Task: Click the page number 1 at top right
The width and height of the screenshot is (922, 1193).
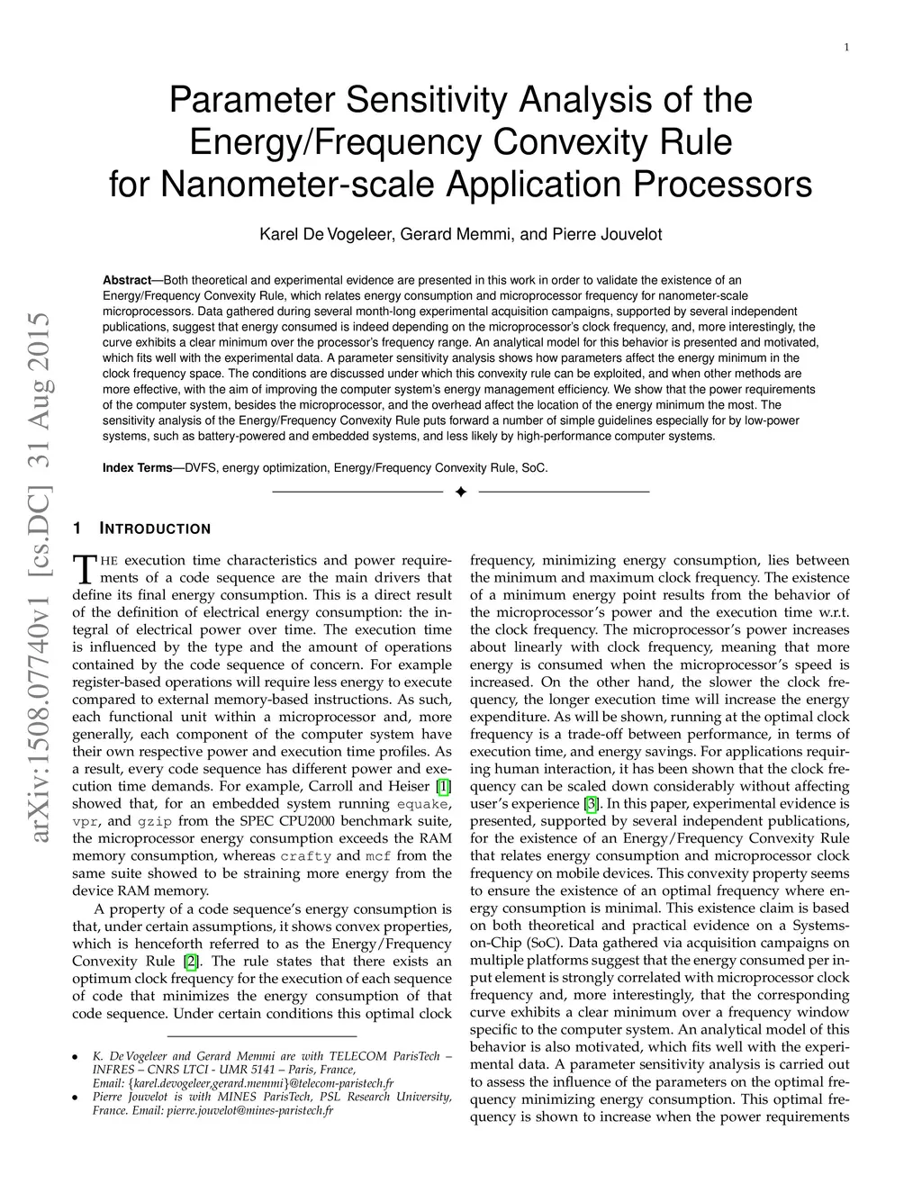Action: [847, 48]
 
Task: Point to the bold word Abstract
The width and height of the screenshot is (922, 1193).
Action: [127, 280]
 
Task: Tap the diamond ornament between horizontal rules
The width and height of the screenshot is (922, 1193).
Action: [460, 493]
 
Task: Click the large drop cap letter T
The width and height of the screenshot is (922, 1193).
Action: [83, 568]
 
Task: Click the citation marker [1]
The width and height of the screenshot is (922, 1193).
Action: [443, 786]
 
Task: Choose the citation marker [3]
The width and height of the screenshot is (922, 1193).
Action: [591, 804]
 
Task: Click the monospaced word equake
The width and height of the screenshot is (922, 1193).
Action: [422, 804]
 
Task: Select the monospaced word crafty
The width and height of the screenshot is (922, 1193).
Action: [305, 856]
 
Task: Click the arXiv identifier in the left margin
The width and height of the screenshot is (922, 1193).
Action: [39, 579]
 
